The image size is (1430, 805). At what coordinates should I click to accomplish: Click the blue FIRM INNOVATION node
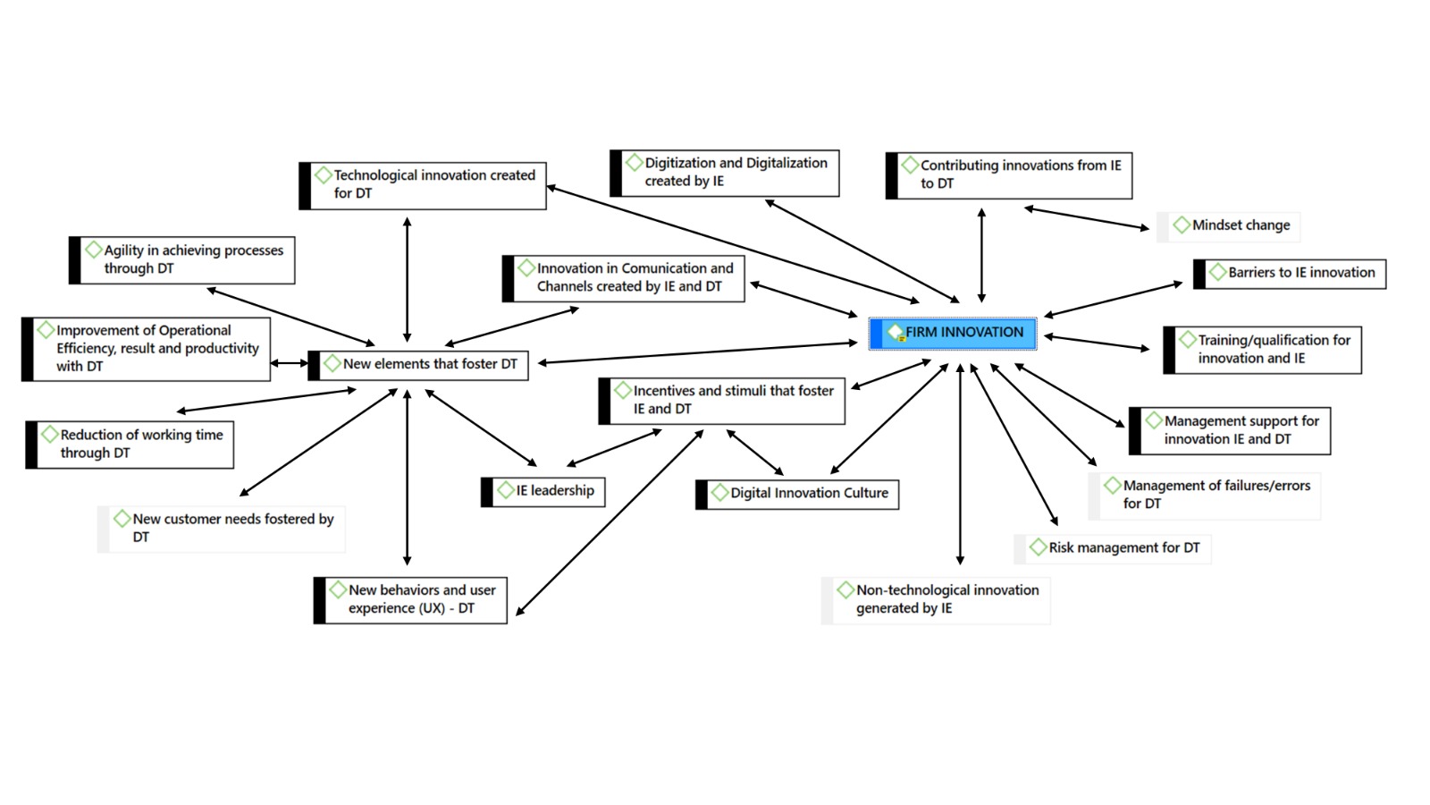(x=953, y=333)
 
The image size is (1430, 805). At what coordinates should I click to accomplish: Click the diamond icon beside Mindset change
(x=1182, y=225)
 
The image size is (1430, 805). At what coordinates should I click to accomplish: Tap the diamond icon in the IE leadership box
(x=506, y=490)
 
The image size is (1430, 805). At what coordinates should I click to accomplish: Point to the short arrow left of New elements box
(x=288, y=363)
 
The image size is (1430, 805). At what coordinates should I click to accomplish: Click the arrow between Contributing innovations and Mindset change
(x=1086, y=218)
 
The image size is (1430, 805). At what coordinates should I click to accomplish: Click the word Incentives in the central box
(x=663, y=391)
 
